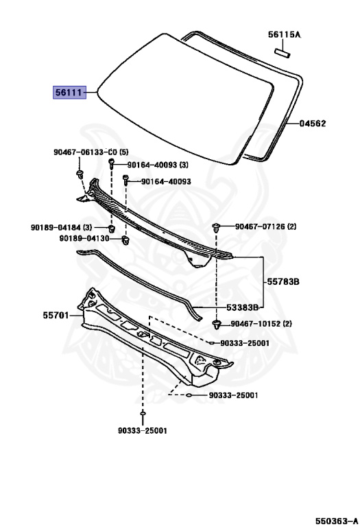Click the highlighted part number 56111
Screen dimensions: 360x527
pos(69,92)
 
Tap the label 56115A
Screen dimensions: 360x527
pos(284,34)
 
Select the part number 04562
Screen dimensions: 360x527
pos(312,124)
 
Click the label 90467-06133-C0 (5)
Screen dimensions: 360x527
pos(91,152)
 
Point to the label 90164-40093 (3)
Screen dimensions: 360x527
pos(158,165)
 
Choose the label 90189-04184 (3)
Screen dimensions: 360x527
pos(61,228)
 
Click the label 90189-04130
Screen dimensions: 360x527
pos(84,238)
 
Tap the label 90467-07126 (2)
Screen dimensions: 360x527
pos(265,226)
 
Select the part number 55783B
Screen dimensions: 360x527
pos(283,281)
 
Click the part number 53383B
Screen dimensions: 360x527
pos(243,307)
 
